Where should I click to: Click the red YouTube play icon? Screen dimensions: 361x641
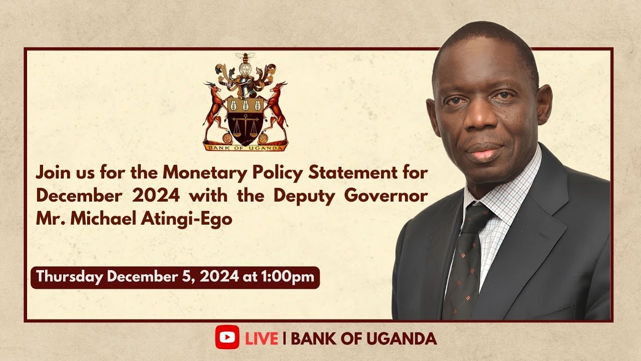coord(227,338)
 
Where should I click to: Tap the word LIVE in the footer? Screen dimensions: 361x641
coord(261,338)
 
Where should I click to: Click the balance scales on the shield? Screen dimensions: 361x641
coord(245,123)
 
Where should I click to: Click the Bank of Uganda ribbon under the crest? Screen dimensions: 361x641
coord(245,147)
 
